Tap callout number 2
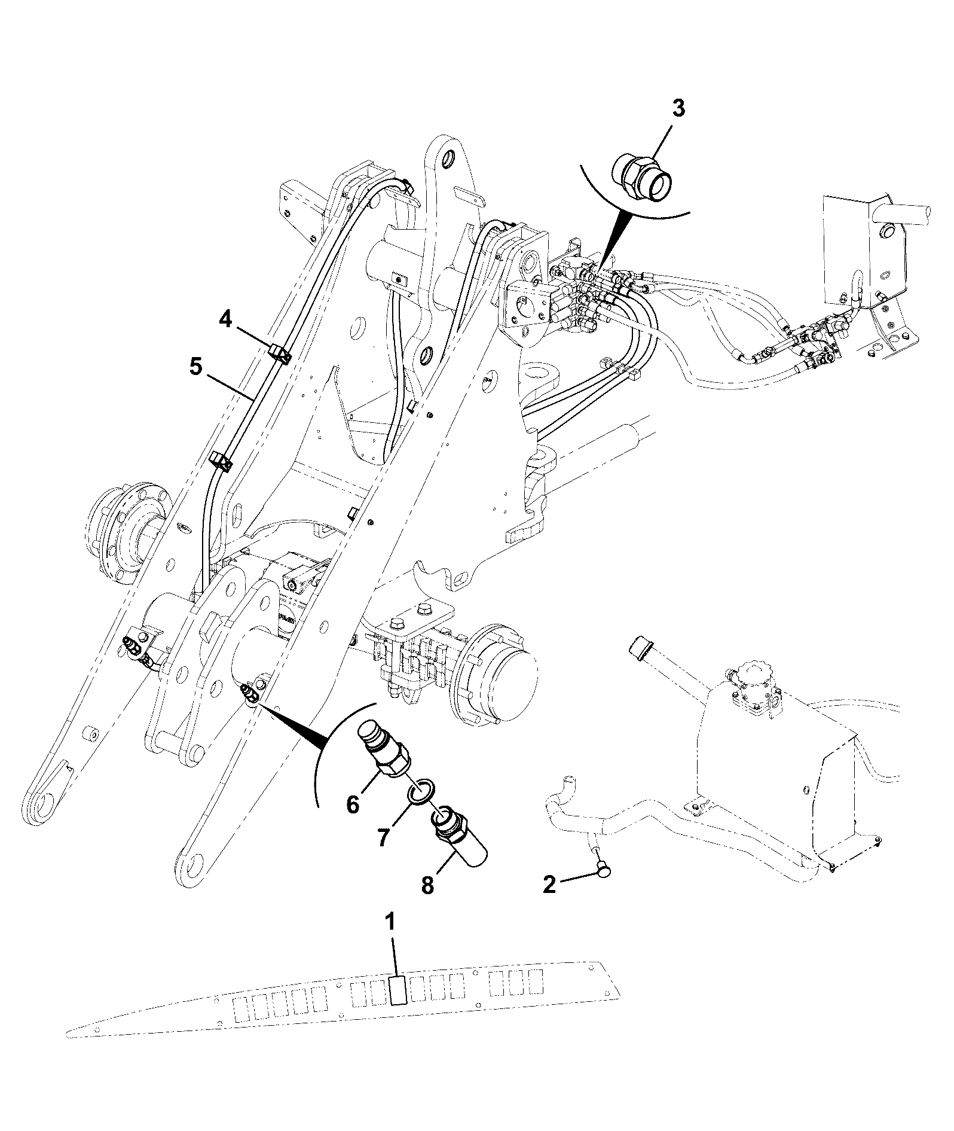[549, 884]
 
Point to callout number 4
[225, 320]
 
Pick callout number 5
[195, 367]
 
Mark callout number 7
[383, 836]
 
